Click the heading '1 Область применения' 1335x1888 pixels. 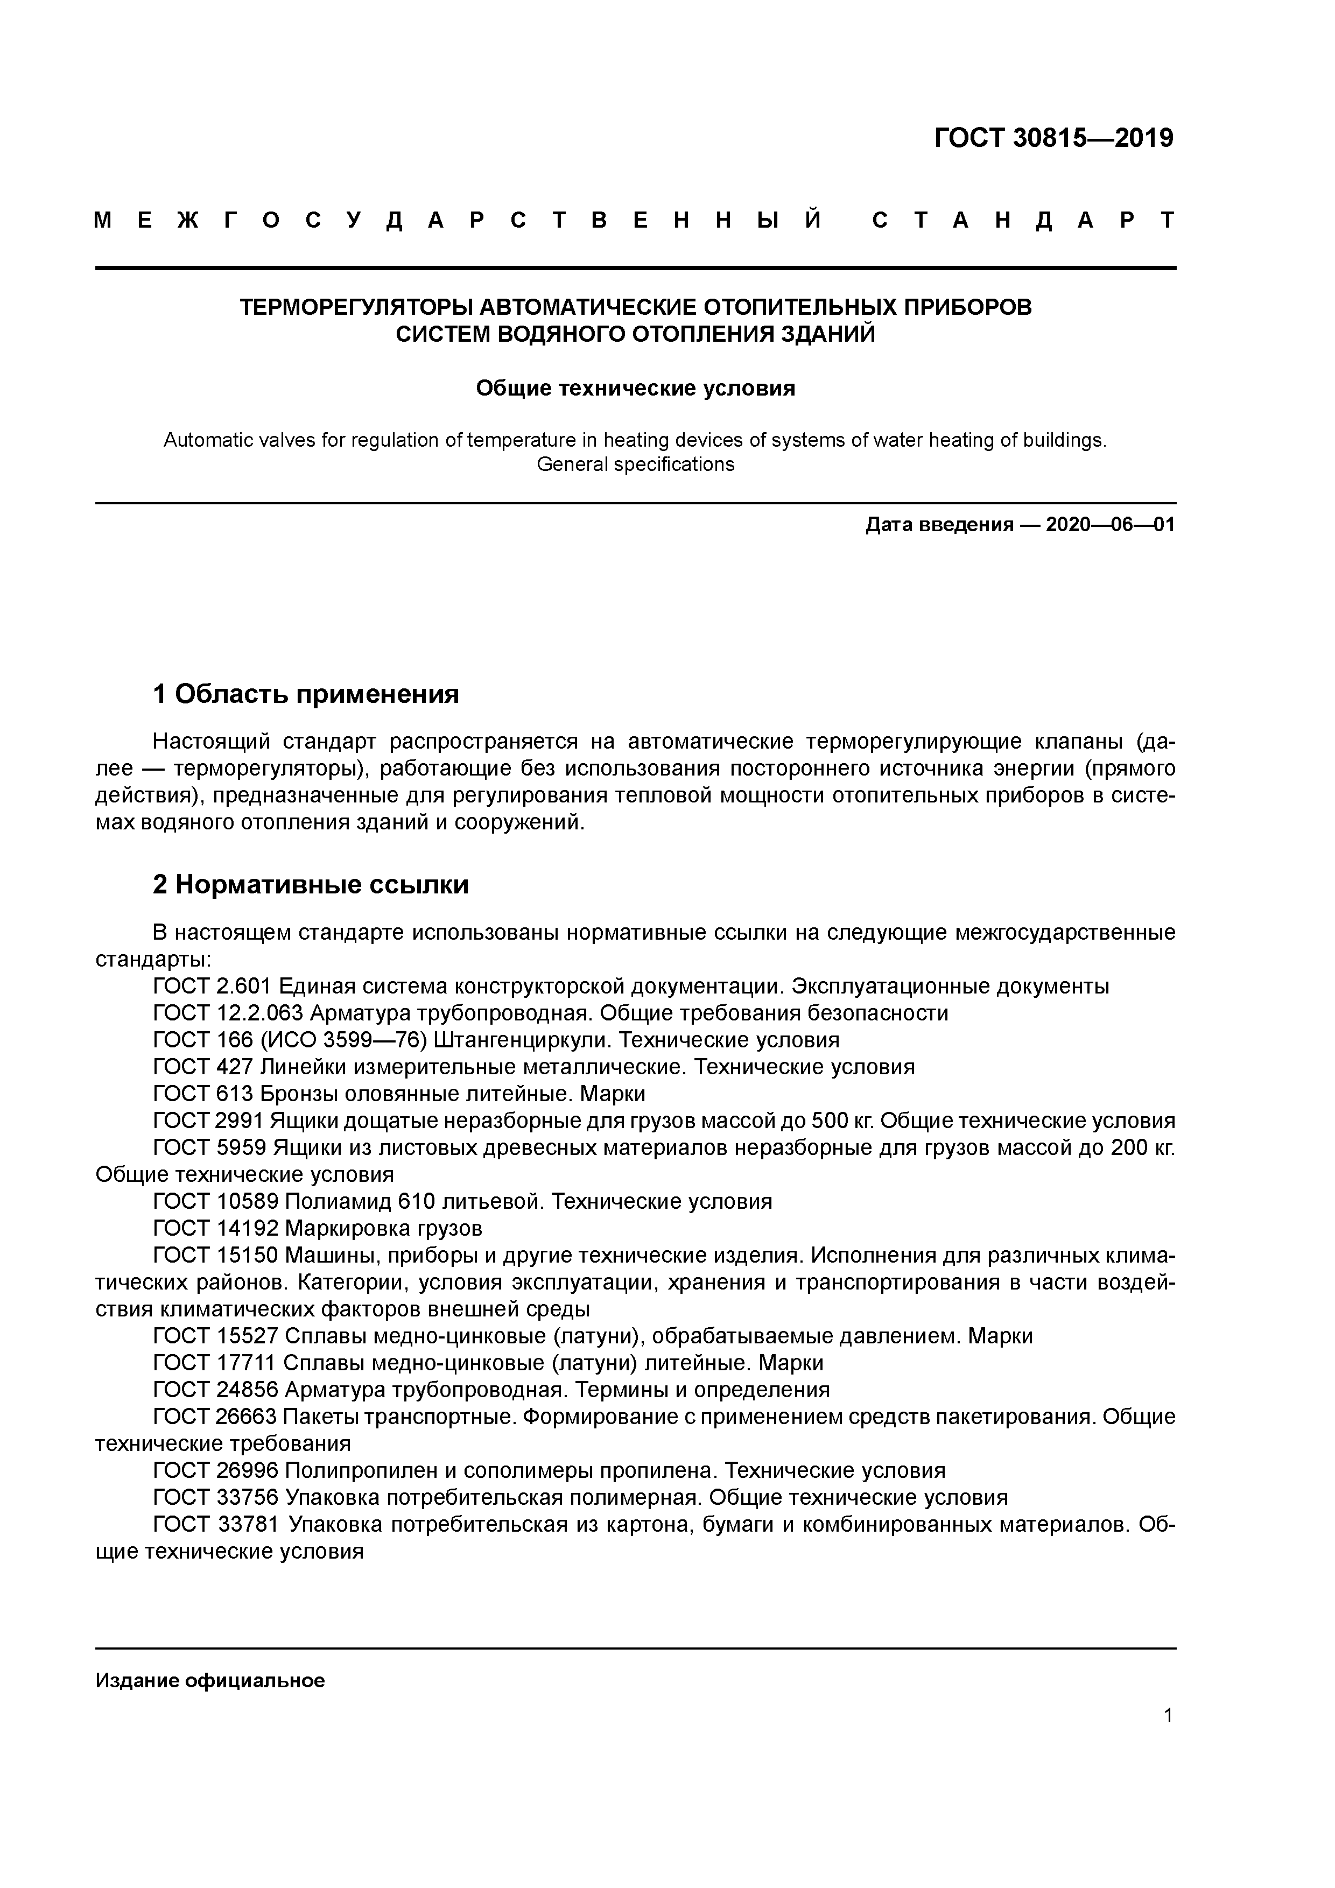305,694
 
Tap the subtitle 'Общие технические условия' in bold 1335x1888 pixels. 635,388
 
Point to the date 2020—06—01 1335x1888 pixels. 1109,525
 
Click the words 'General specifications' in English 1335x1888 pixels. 635,464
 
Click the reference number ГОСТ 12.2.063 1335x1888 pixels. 228,1013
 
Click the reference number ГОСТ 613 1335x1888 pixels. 203,1094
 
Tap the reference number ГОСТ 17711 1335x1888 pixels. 215,1363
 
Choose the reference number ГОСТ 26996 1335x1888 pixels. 215,1471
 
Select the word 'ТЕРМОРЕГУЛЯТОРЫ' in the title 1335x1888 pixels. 355,307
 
